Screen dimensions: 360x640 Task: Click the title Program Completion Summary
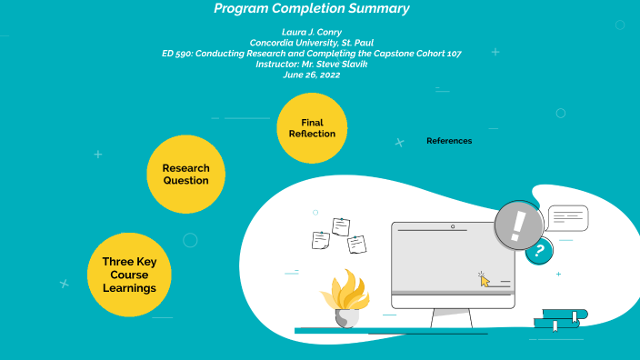[311, 9]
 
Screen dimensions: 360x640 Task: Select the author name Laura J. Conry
[311, 32]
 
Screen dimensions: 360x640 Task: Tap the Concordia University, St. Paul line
[311, 43]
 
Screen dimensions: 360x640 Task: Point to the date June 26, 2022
[311, 75]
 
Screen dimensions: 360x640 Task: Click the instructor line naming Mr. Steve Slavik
[311, 65]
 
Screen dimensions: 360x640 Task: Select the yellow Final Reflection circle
[312, 128]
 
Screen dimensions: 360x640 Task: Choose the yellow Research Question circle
[185, 174]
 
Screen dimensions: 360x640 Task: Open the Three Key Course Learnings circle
[128, 275]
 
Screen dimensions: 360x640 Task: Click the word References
[449, 141]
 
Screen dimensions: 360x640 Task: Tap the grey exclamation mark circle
[519, 224]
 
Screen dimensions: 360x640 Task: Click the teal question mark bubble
[539, 250]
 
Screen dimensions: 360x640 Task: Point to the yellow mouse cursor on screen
[485, 280]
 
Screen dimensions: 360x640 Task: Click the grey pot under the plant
[346, 318]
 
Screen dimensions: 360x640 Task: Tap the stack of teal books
[559, 318]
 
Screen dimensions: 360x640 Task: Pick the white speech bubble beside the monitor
[568, 217]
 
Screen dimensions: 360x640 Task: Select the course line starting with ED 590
[311, 54]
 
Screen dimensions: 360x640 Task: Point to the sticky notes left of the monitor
[338, 235]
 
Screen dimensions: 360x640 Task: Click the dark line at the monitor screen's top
[433, 231]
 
